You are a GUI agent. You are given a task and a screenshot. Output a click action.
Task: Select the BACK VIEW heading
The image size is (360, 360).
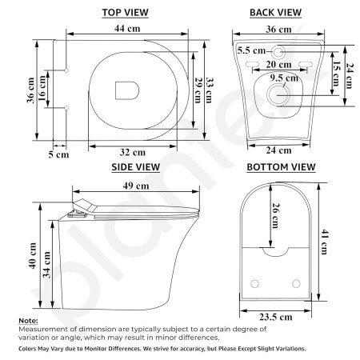click(x=275, y=12)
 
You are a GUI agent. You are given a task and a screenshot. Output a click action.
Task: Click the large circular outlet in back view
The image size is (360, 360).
click(x=279, y=94)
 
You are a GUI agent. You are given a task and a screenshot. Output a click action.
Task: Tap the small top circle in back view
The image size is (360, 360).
click(x=279, y=50)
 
